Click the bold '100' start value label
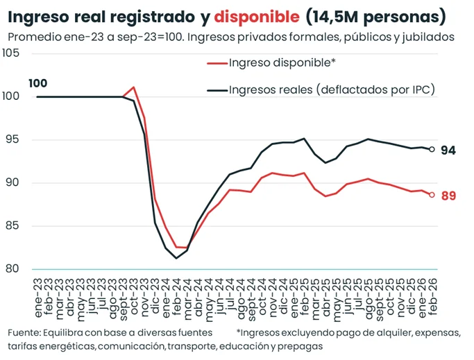point(38,84)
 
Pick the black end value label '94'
point(448,151)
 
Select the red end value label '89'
point(448,196)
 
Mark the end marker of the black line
point(432,149)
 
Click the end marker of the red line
point(432,195)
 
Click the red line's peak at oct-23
point(133,87)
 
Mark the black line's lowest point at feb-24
point(176,258)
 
